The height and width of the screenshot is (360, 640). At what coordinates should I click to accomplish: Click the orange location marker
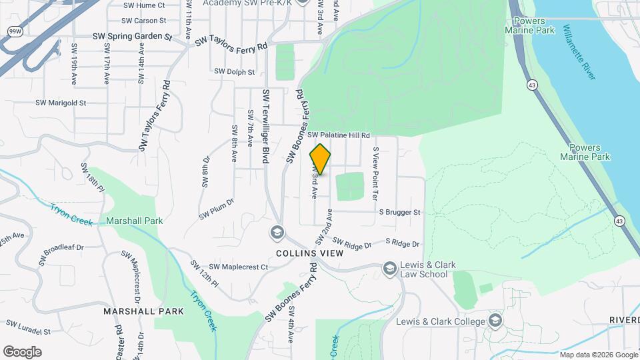[x=321, y=160]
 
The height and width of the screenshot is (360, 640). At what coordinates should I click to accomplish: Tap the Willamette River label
[x=579, y=53]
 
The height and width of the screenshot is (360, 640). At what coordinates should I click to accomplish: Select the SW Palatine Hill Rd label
[x=339, y=135]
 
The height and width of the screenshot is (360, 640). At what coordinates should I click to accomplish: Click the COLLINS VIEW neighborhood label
[x=310, y=254]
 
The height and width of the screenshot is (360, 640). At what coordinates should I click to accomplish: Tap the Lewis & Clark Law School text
[x=428, y=269]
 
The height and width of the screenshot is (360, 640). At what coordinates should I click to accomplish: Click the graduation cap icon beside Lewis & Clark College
[x=495, y=321]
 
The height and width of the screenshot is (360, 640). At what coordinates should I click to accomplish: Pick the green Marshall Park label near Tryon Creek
[x=134, y=221]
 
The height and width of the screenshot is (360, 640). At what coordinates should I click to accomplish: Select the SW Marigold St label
[x=61, y=103]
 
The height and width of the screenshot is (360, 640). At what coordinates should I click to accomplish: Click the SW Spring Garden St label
[x=132, y=37]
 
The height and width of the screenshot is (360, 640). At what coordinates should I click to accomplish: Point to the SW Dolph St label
[x=234, y=71]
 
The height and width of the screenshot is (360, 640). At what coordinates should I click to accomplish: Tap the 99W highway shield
[x=14, y=31]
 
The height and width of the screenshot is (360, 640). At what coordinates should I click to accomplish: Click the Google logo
[x=21, y=351]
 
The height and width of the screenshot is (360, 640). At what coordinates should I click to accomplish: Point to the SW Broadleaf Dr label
[x=63, y=251]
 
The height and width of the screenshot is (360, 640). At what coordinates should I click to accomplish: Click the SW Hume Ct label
[x=144, y=5]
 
